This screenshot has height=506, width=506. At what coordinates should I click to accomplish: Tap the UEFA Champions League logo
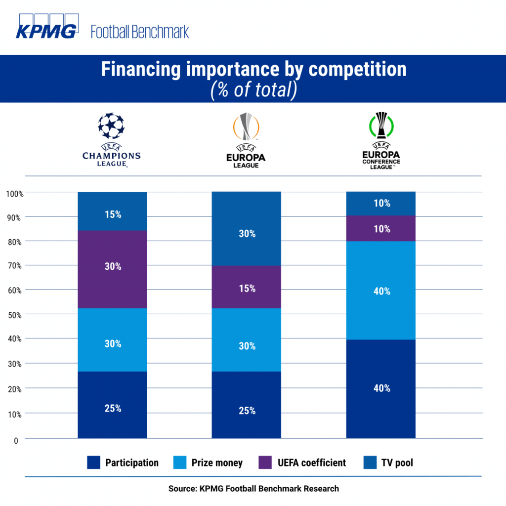click(111, 141)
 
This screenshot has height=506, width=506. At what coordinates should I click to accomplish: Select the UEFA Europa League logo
click(246, 141)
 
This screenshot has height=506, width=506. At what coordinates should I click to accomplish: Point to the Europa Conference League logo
click(380, 141)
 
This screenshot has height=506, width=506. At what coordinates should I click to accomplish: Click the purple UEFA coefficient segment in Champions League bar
click(112, 269)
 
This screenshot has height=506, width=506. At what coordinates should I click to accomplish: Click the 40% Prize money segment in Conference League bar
click(380, 291)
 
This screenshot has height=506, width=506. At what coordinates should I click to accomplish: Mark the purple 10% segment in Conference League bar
click(380, 229)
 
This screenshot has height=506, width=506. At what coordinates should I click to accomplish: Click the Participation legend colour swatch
click(93, 463)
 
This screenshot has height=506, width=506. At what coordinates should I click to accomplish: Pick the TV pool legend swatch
click(370, 463)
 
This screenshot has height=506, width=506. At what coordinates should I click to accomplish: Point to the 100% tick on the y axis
click(14, 193)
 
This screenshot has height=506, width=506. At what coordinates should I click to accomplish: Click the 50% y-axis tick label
click(14, 315)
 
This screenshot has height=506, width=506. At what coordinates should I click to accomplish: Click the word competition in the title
click(357, 69)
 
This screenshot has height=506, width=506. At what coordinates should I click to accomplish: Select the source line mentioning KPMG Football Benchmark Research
click(253, 488)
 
